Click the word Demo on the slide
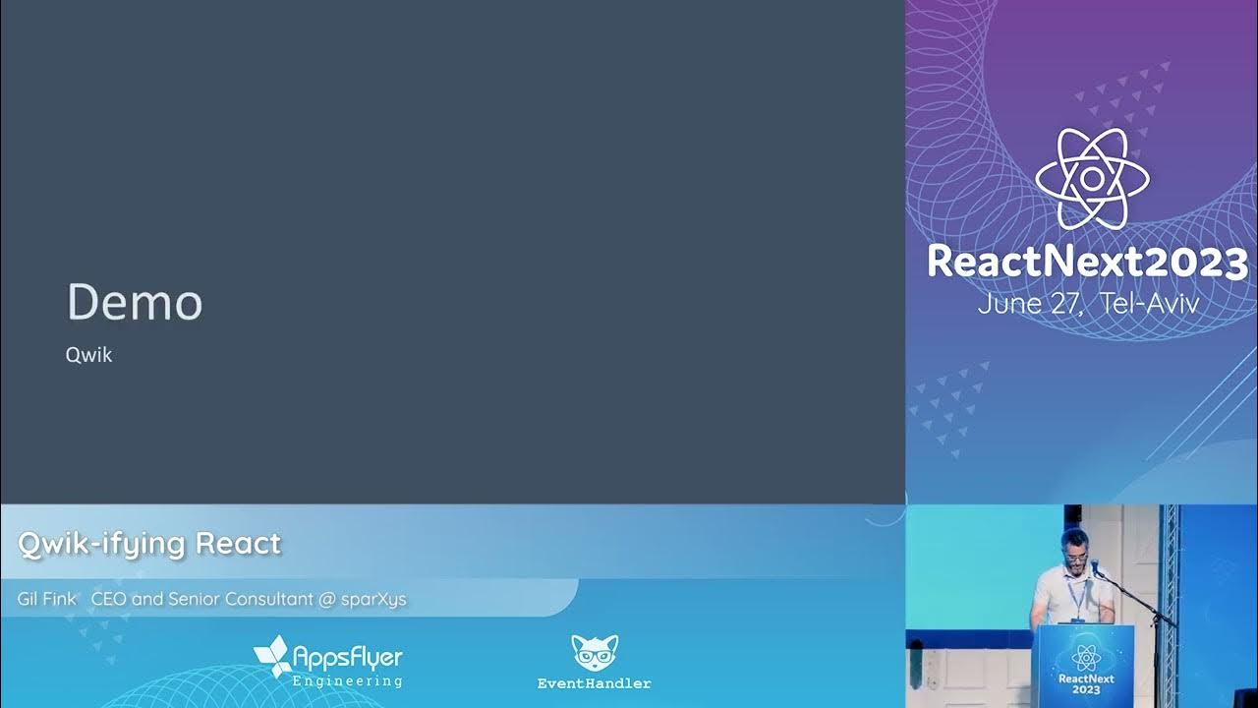coord(135,303)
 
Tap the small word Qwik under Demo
coord(88,355)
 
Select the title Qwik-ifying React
coord(149,543)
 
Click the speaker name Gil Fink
coord(46,599)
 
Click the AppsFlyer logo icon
coord(271,656)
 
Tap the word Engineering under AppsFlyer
coord(347,680)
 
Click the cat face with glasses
coord(595,653)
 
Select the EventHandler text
coord(595,683)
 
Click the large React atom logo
coord(1091,179)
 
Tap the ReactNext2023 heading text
coord(1087,263)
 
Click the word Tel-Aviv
coord(1150,303)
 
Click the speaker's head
coord(1074,544)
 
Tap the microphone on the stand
coord(1097,567)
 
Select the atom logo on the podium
coord(1085,658)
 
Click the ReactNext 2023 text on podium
coord(1085,684)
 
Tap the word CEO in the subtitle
coord(108,599)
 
